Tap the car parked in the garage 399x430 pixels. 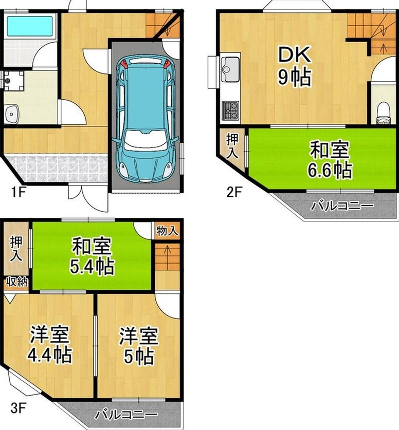[146, 120]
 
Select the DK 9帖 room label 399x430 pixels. [295, 66]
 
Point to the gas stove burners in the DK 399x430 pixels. [230, 110]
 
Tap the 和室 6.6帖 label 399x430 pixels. [330, 159]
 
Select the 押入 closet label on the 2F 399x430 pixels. [232, 146]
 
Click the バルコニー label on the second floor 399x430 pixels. [342, 205]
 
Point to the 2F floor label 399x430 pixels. [234, 192]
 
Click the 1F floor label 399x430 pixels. [18, 192]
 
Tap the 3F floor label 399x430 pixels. [18, 408]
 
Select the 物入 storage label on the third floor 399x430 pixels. [167, 231]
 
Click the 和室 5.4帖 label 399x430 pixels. [92, 256]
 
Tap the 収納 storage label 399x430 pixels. [17, 282]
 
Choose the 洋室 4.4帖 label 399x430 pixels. [50, 345]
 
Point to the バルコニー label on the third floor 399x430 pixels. [126, 415]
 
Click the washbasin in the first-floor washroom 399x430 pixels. [12, 113]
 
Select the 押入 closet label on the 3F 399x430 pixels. [16, 249]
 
